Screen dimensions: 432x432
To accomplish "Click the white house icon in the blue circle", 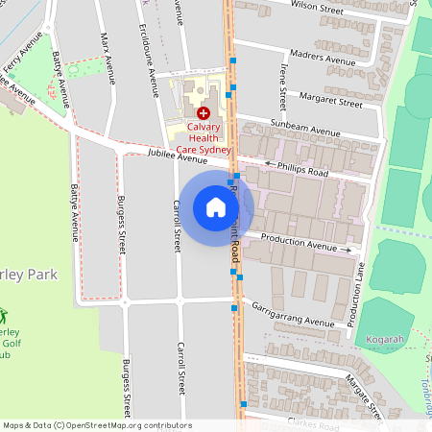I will (215, 206).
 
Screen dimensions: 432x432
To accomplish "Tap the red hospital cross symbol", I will (203, 113).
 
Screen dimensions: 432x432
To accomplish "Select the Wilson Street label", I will (316, 7).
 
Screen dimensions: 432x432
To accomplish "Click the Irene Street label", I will (282, 85).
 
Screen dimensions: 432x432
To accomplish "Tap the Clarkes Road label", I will (313, 425).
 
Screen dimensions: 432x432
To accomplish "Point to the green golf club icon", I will (3, 316).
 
